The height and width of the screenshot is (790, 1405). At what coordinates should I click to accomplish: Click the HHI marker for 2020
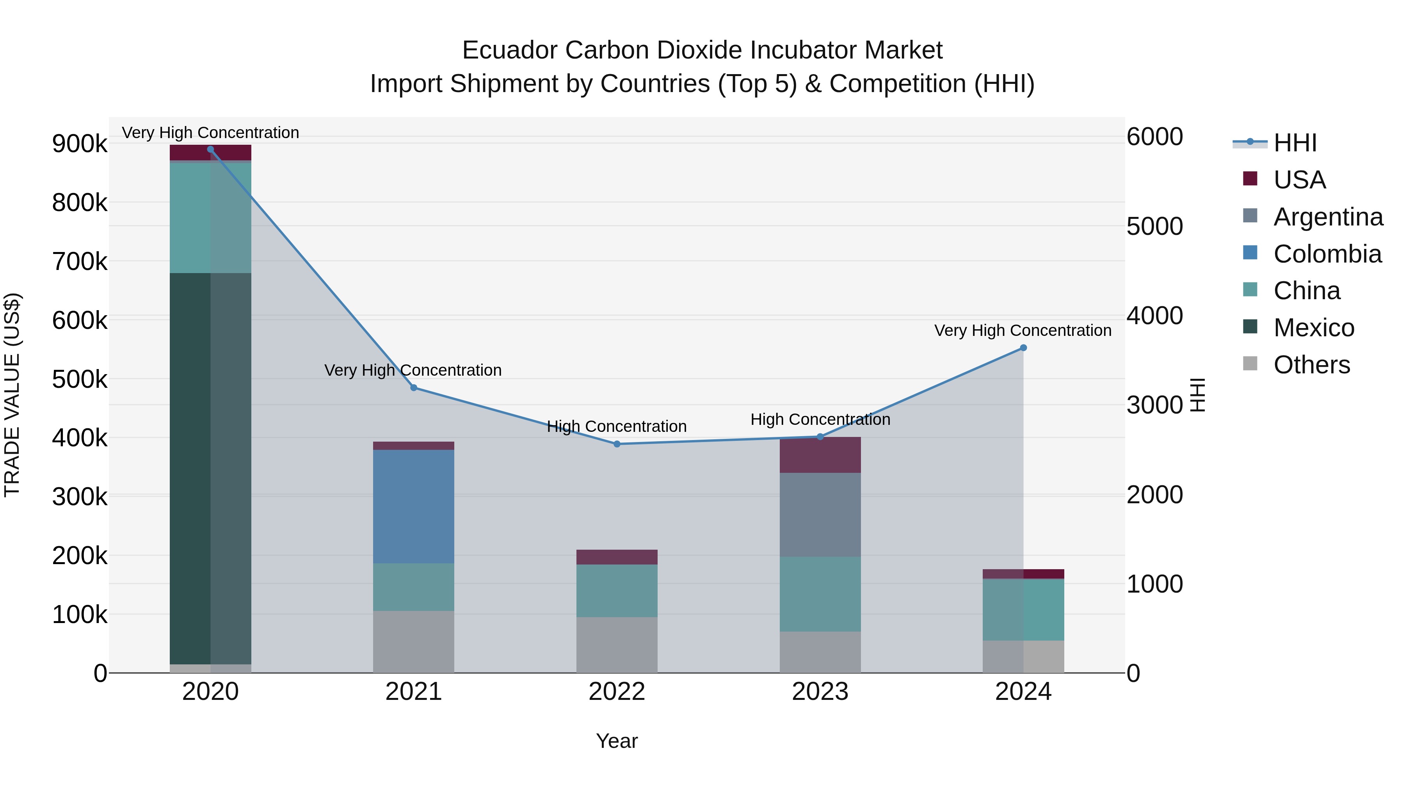pyautogui.click(x=210, y=149)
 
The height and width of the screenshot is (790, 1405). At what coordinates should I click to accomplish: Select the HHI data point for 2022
pyautogui.click(x=617, y=444)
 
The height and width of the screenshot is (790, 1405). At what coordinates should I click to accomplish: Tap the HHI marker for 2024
pyautogui.click(x=1023, y=348)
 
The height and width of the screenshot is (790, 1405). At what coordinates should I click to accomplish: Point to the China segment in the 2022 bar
pyautogui.click(x=617, y=591)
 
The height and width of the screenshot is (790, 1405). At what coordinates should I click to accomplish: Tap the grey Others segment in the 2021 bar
pyautogui.click(x=413, y=642)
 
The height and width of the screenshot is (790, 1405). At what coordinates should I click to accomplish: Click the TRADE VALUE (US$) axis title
pyautogui.click(x=12, y=395)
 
